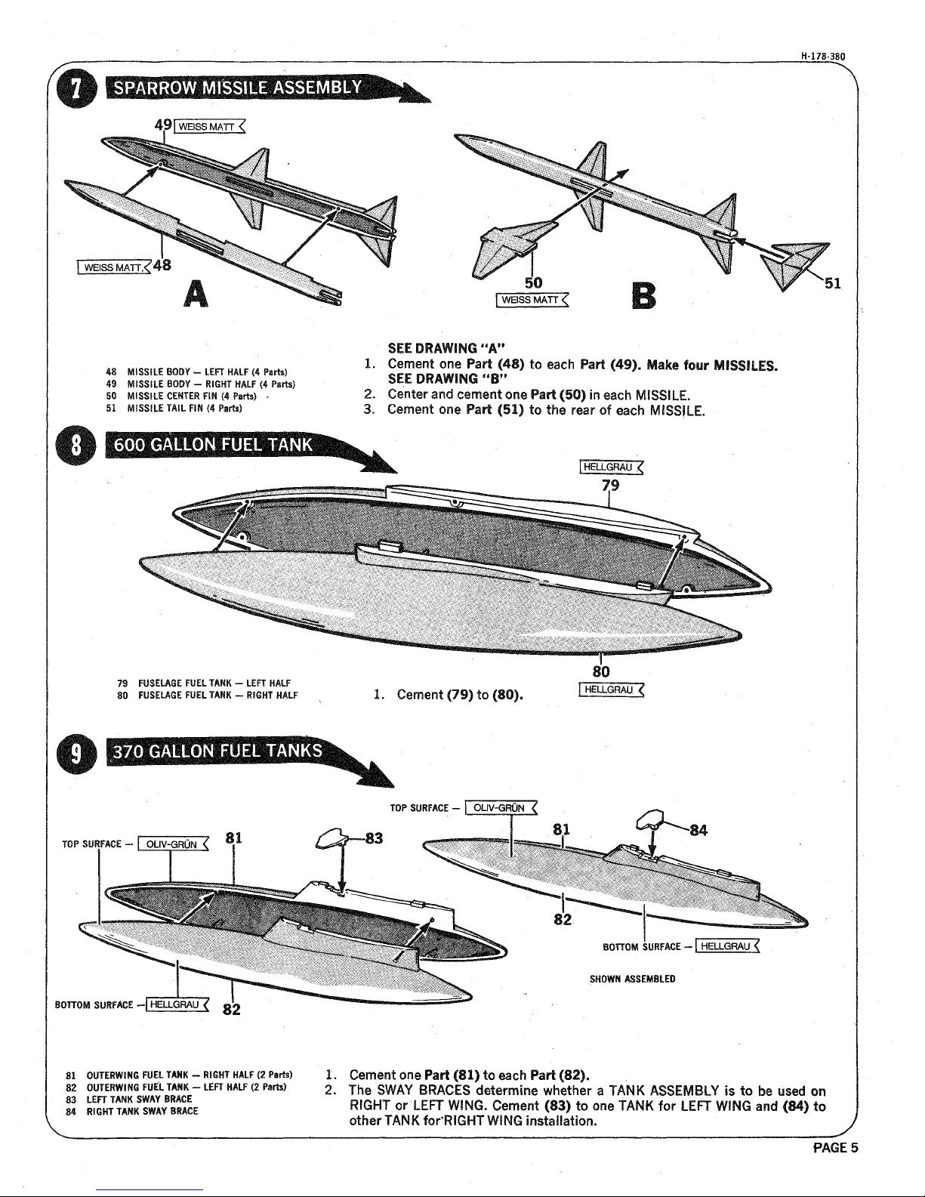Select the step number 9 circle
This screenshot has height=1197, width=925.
tap(85, 755)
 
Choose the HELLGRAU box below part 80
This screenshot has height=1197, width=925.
tap(608, 689)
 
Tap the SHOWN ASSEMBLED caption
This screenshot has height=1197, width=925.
tap(631, 980)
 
